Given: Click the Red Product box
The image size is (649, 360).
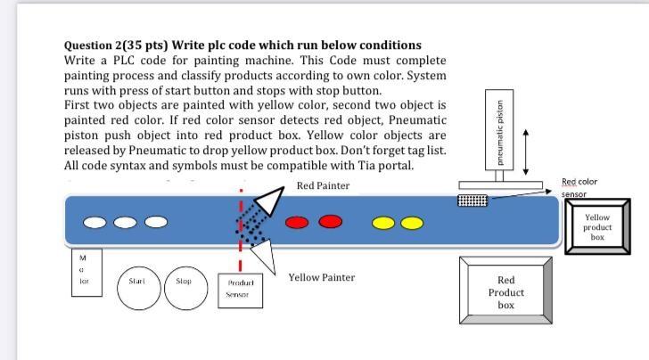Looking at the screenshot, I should pyautogui.click(x=505, y=292).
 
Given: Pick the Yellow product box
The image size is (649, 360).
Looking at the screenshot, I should pyautogui.click(x=596, y=227).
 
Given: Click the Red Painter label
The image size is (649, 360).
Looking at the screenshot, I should pyautogui.click(x=323, y=185).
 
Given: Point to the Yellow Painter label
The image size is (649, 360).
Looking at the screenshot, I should pyautogui.click(x=321, y=277).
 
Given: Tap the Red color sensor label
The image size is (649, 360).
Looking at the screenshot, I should pyautogui.click(x=579, y=187).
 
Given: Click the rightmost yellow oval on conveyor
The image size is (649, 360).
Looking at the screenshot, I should pyautogui.click(x=411, y=222).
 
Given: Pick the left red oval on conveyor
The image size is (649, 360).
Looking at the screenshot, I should pyautogui.click(x=298, y=222).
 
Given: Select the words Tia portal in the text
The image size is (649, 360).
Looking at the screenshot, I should pyautogui.click(x=388, y=166).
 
